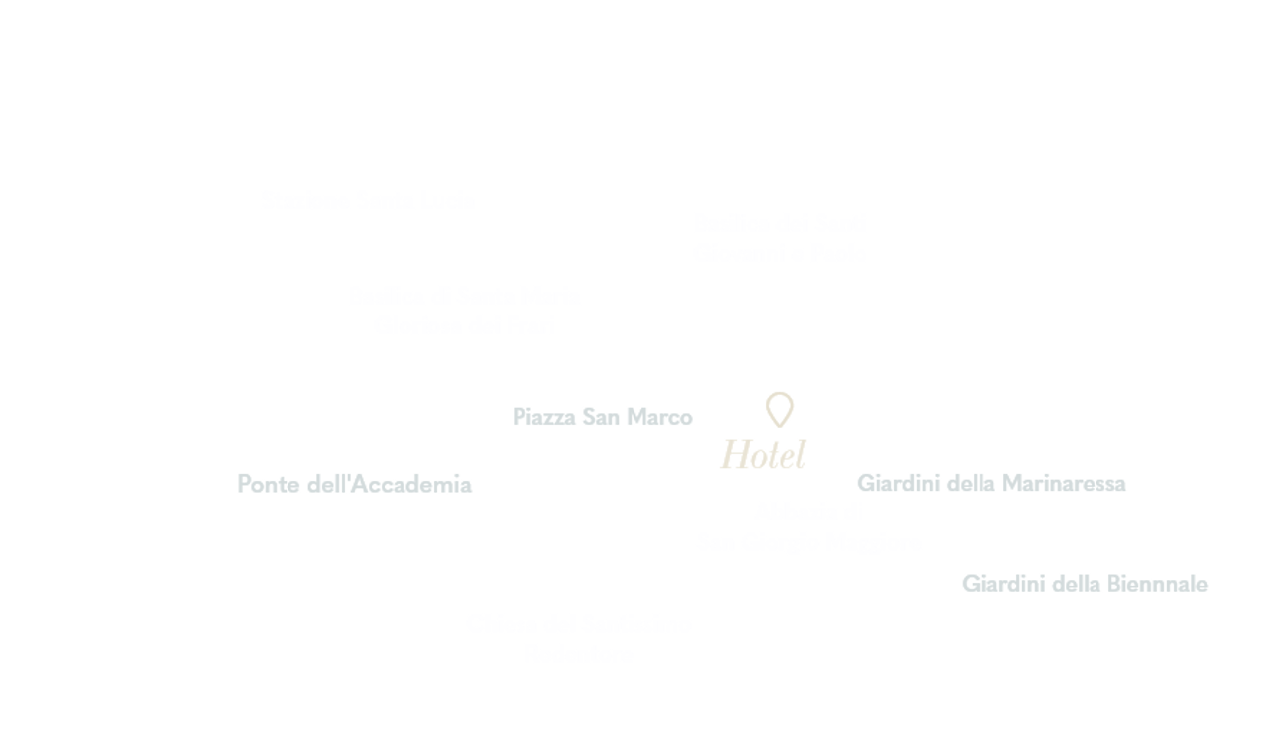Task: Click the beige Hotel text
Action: (763, 455)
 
